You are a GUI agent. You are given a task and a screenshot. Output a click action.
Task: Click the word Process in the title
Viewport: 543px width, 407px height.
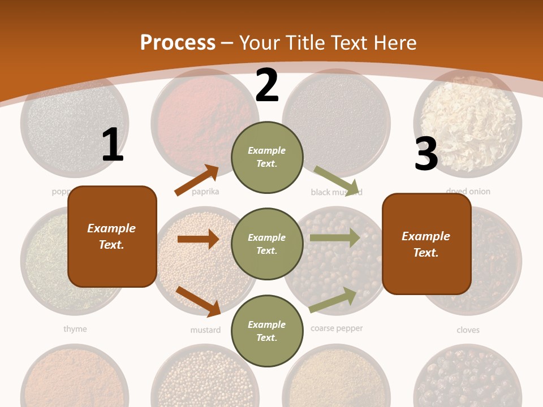(178, 43)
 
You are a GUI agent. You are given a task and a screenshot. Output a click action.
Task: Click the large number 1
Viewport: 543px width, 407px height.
(113, 145)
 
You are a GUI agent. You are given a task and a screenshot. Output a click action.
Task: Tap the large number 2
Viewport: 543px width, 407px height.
(267, 85)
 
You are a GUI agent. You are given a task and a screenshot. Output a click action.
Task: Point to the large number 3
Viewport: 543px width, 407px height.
(426, 154)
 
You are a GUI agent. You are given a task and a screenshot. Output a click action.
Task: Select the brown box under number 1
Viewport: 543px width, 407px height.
(112, 236)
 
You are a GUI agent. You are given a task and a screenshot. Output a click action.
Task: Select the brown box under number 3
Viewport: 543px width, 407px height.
(426, 244)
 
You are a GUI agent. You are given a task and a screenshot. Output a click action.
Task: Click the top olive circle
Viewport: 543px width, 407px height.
(267, 157)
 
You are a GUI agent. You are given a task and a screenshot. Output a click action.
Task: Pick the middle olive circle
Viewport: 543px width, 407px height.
(267, 244)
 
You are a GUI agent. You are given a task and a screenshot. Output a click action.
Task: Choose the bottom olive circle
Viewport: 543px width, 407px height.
(267, 331)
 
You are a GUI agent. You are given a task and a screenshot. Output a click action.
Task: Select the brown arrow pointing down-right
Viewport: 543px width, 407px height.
(198, 301)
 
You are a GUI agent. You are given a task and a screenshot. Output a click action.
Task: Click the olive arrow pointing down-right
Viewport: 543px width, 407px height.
(337, 181)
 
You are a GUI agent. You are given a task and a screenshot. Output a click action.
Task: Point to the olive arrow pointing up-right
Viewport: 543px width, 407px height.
(333, 300)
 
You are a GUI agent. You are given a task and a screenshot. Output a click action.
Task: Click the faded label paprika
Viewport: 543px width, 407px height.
(205, 192)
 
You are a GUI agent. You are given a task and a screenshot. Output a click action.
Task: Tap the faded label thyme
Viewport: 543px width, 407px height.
(75, 329)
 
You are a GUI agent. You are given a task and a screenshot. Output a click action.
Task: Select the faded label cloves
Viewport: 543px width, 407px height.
(468, 330)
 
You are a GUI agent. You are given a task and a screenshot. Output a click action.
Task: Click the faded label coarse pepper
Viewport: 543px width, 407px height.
(337, 328)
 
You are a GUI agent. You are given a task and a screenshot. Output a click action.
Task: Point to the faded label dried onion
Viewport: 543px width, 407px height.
(468, 192)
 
